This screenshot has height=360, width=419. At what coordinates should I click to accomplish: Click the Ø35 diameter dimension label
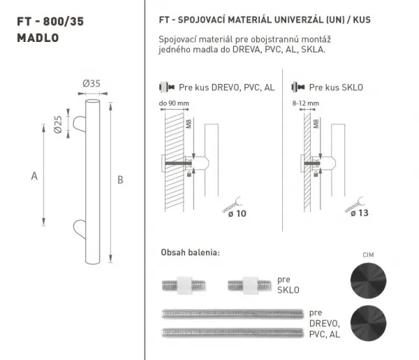pyautogui.click(x=91, y=83)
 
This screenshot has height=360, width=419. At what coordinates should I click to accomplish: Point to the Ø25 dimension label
pyautogui.click(x=58, y=124)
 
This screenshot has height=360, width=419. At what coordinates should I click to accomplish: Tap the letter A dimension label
pyautogui.click(x=34, y=176)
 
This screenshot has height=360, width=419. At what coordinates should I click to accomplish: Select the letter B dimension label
pyautogui.click(x=120, y=180)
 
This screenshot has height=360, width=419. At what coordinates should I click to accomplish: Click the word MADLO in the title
pyautogui.click(x=38, y=38)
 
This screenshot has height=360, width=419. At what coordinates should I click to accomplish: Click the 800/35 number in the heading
pyautogui.click(x=64, y=22)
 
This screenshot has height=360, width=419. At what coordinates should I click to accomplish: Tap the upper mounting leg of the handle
pyautogui.click(x=80, y=124)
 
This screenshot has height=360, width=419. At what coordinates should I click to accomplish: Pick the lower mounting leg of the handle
pyautogui.click(x=80, y=229)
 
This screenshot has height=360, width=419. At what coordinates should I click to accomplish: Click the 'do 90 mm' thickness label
pyautogui.click(x=174, y=103)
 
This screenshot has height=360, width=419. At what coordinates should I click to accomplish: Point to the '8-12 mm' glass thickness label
pyautogui.click(x=306, y=103)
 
